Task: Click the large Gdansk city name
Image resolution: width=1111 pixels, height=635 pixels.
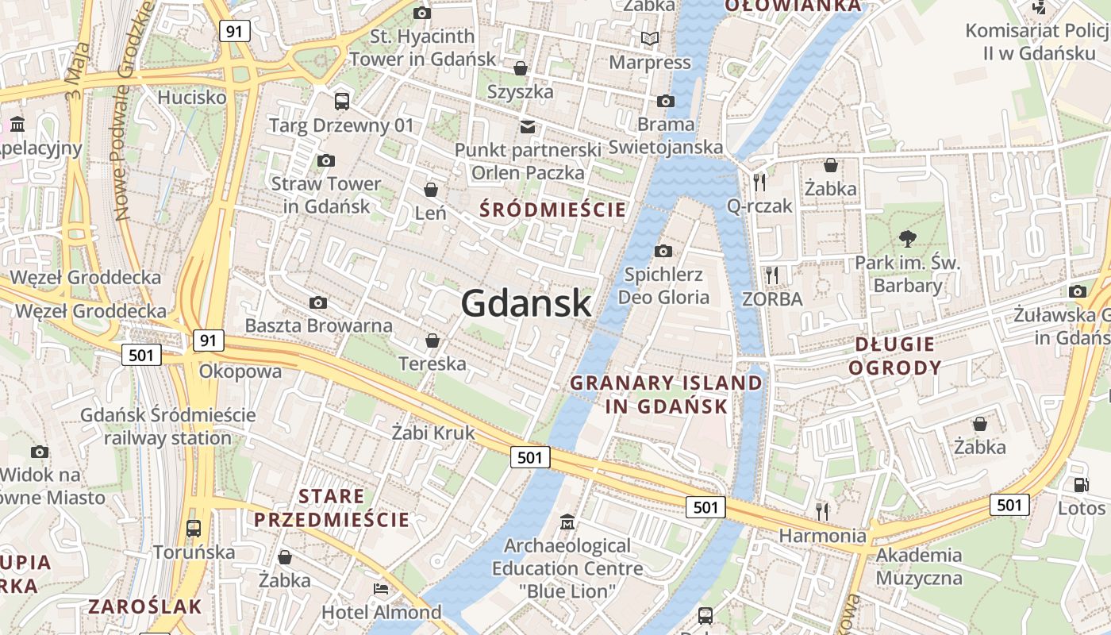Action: point(526,303)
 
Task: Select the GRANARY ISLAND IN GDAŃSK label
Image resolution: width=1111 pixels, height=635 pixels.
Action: point(667,394)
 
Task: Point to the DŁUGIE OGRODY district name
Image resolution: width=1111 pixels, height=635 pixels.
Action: point(894,356)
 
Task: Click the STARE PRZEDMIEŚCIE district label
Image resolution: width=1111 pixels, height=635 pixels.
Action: point(331,508)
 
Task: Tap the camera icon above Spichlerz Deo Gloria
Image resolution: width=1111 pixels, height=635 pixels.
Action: point(663,252)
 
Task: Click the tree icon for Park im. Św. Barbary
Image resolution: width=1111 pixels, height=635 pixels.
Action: point(907,238)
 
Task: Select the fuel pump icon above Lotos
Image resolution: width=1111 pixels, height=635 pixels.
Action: point(1081,484)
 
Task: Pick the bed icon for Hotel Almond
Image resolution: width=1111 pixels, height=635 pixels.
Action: point(381,589)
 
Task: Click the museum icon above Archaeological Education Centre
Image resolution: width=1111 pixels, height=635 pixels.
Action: point(567,522)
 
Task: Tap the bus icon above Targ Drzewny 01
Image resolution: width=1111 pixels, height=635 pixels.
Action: point(342,101)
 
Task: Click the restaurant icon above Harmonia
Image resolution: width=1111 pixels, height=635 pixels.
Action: point(822,510)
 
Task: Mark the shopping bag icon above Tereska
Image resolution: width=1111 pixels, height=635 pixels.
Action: point(432,341)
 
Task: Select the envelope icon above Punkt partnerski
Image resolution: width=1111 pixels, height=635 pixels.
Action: point(528,127)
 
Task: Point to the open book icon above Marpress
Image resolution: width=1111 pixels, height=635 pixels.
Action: point(650,38)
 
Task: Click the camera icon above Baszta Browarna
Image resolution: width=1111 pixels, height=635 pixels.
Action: point(318,302)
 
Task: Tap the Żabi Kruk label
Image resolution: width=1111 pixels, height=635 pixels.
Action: point(433,433)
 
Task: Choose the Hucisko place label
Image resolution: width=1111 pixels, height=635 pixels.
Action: point(192,98)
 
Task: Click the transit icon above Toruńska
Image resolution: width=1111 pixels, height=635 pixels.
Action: point(193,528)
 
